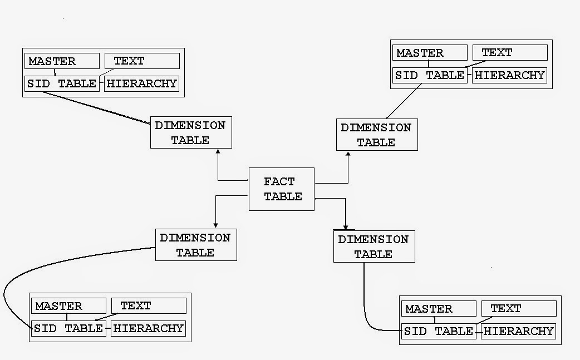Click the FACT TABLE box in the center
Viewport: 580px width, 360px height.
click(282, 189)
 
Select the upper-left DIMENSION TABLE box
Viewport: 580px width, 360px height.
click(190, 132)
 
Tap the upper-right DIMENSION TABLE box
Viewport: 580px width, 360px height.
click(376, 135)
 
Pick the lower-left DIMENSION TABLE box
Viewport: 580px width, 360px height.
click(195, 245)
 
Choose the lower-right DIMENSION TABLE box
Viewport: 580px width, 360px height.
click(373, 246)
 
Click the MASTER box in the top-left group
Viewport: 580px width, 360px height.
click(62, 61)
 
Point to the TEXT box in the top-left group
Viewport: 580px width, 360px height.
click(142, 61)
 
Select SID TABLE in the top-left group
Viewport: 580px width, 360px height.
click(62, 84)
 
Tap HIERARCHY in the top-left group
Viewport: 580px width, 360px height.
click(142, 84)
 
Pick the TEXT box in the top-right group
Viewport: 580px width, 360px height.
click(509, 52)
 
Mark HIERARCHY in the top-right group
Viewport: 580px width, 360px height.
click(509, 75)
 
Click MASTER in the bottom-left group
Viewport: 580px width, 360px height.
click(68, 306)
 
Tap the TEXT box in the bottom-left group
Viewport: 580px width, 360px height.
click(148, 305)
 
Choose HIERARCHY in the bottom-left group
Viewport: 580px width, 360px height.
click(148, 328)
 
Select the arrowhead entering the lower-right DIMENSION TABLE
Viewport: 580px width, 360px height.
click(346, 227)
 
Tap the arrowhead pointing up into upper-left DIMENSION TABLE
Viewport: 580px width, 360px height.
click(218, 151)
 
